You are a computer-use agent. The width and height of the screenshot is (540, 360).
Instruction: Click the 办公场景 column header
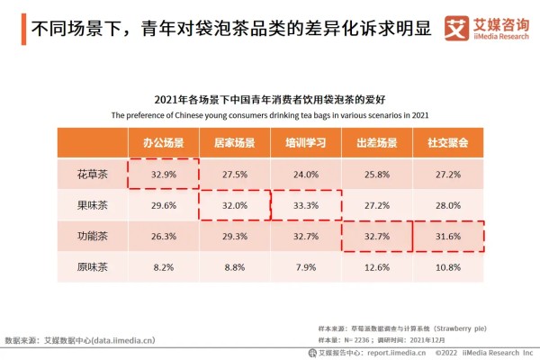[163, 143]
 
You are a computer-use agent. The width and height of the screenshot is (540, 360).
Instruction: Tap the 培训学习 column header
[306, 143]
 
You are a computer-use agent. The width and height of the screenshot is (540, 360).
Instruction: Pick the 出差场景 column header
[377, 143]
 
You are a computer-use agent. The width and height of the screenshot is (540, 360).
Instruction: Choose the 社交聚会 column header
[448, 143]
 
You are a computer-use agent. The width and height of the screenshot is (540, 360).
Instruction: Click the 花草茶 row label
[92, 174]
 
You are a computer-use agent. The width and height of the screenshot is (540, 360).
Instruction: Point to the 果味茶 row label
[92, 205]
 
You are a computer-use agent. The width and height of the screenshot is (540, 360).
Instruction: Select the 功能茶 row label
[92, 237]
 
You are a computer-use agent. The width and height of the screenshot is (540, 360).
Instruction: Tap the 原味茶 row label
[92, 267]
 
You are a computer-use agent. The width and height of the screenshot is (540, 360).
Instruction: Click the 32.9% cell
[163, 174]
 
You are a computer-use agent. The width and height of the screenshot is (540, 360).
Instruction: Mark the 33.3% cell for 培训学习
[306, 205]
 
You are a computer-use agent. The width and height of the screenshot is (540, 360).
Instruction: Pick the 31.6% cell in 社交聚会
[448, 237]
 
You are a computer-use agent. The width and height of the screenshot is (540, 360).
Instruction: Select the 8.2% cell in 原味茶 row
[163, 267]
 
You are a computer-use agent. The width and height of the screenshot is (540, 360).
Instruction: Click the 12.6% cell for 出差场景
[377, 267]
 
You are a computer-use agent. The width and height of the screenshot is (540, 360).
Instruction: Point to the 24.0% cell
[306, 174]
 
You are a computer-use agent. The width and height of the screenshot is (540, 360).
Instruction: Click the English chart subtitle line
[270, 115]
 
